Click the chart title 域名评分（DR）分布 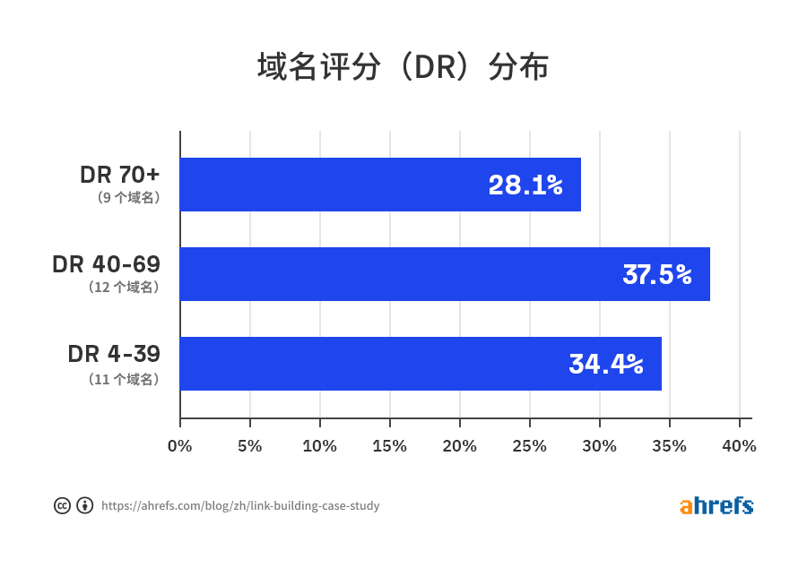(x=403, y=68)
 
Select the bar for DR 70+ (x=380, y=185)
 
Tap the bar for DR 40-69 (x=445, y=274)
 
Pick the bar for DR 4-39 (x=421, y=364)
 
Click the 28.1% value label (x=525, y=185)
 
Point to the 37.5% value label (x=657, y=275)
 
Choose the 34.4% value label (x=606, y=365)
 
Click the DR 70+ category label (x=120, y=175)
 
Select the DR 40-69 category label (x=106, y=264)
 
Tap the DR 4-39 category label (x=114, y=354)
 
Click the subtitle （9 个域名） (x=128, y=198)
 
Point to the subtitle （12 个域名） (x=124, y=288)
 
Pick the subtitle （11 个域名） (x=124, y=379)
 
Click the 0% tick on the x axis (x=180, y=445)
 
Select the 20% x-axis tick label (x=459, y=445)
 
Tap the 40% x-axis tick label (x=739, y=445)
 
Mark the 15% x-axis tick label (x=389, y=445)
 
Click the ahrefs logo (x=716, y=505)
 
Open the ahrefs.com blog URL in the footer (x=240, y=506)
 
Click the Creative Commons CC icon (x=62, y=505)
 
